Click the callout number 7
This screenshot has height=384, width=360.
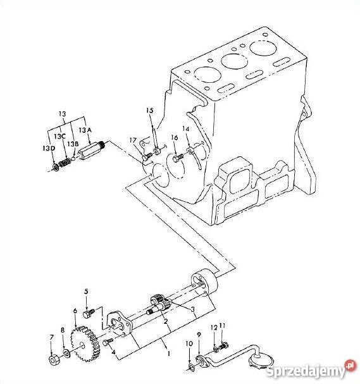pos(51,337)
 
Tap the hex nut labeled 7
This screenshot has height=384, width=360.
pos(54,360)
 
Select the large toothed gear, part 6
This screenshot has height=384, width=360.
pos(85,344)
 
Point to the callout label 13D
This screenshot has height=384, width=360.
pos(49,148)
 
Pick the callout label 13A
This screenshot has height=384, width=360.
pos(85,130)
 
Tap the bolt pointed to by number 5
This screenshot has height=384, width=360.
pos(89,314)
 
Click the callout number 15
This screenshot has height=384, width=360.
pos(150,111)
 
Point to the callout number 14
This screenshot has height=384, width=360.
pos(186,128)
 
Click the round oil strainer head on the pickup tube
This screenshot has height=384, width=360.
pos(261,359)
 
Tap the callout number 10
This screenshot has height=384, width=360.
pos(189,344)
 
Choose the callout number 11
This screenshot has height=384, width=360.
pos(222,325)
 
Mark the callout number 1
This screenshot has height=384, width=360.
pos(168,354)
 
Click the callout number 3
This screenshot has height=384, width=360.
pos(193,309)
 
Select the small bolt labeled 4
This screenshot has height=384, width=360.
pos(108,342)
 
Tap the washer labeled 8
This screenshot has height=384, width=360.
pos(66,353)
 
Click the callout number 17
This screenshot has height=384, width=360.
pos(133,140)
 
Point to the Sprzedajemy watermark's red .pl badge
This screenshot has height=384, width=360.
pos(350,366)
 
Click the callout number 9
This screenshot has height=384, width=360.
pos(199,335)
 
